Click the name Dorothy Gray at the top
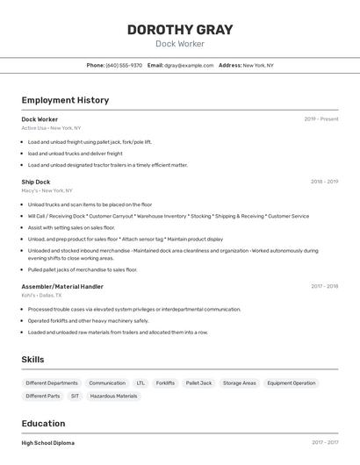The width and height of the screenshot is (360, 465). [180, 30]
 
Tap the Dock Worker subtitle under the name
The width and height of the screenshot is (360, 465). [180, 44]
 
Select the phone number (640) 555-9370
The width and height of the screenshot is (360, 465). [124, 65]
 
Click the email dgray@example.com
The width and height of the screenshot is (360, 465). [189, 65]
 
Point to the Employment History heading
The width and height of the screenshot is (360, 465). [65, 100]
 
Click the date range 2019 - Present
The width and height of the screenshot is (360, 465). [321, 118]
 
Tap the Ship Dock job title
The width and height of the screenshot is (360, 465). [36, 182]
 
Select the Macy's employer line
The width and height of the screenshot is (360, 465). [47, 190]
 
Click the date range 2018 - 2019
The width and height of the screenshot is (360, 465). [324, 182]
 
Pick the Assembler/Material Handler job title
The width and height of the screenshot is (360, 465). [62, 286]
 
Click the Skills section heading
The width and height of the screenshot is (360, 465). [33, 360]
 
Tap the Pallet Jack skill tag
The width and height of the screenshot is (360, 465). [198, 383]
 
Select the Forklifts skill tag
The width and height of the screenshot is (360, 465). [165, 383]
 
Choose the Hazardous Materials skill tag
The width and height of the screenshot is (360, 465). [113, 396]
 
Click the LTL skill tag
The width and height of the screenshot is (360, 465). [140, 383]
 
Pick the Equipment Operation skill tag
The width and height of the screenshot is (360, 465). [291, 383]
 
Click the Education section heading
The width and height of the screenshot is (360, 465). [44, 424]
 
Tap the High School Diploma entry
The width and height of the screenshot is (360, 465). [48, 443]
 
